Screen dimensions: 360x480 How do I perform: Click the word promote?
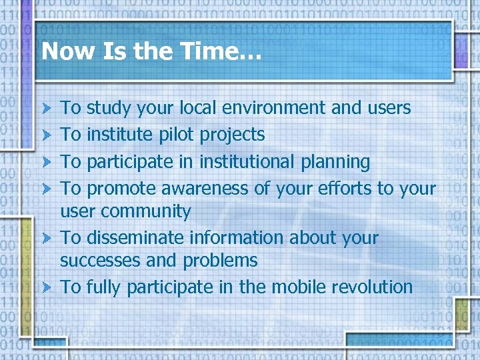tap(124, 189)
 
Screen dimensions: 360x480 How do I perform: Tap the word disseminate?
tap(135, 238)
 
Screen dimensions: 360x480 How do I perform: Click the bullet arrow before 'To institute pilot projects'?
tap(46, 135)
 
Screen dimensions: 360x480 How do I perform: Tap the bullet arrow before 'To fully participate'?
tap(46, 288)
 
